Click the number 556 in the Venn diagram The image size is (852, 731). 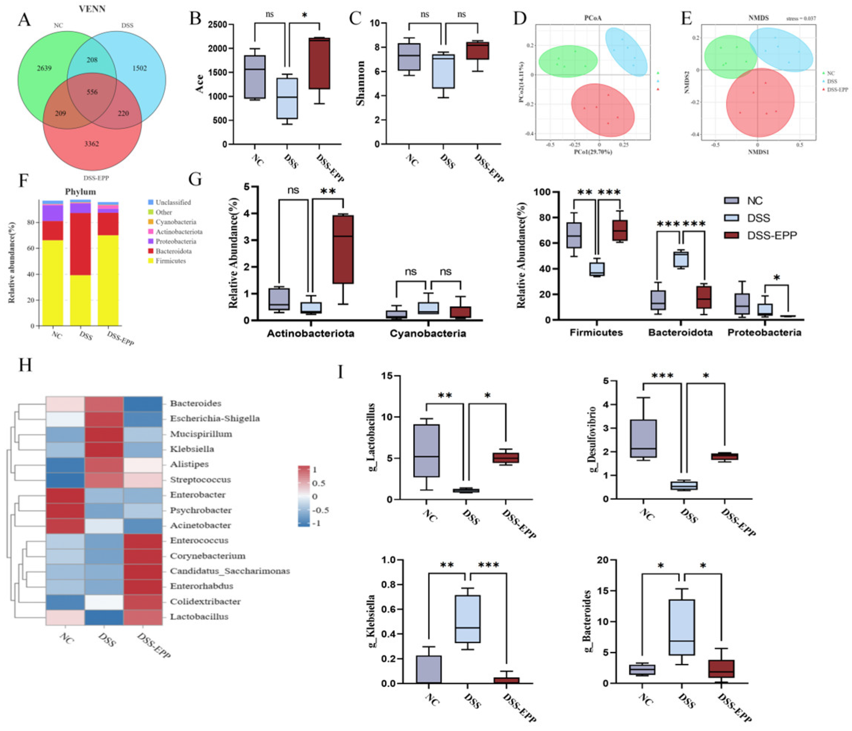(x=92, y=92)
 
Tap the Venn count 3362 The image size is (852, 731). (x=91, y=144)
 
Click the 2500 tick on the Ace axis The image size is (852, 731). (x=217, y=25)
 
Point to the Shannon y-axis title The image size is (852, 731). (x=360, y=83)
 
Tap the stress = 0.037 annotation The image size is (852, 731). (x=801, y=19)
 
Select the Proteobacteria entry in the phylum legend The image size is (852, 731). (x=176, y=241)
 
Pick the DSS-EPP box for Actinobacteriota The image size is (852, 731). (x=343, y=249)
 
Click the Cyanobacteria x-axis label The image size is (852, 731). (x=427, y=333)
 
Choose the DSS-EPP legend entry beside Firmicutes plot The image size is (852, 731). (x=771, y=236)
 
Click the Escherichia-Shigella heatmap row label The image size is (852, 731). (x=214, y=418)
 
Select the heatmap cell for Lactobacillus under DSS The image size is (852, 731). (x=104, y=617)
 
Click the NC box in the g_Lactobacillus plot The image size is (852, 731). (x=426, y=451)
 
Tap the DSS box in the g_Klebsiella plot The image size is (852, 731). (x=467, y=619)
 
